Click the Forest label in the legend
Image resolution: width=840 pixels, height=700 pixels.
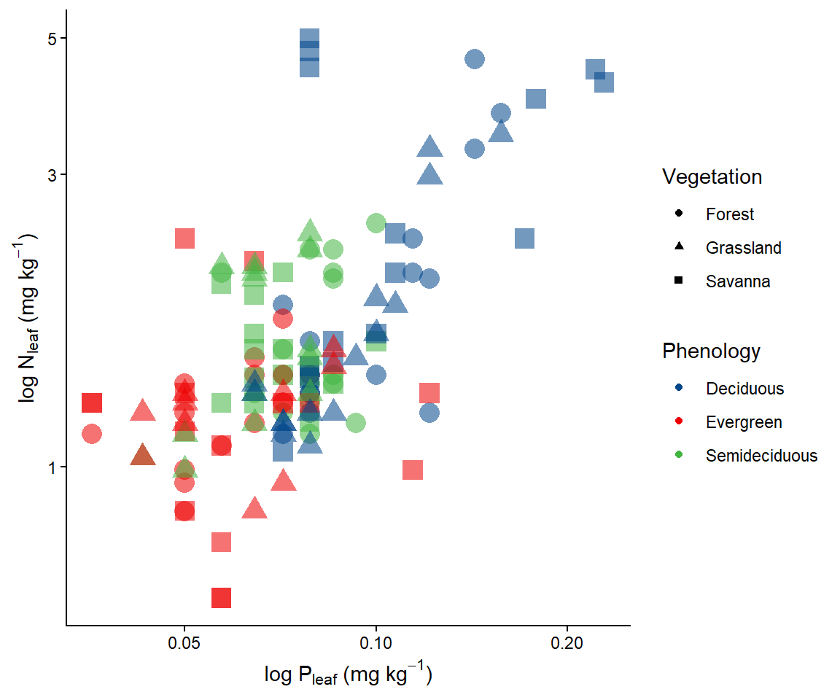[x=729, y=214]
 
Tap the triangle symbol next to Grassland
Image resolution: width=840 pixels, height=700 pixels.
[x=679, y=248]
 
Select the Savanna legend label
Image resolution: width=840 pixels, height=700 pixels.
[x=737, y=281]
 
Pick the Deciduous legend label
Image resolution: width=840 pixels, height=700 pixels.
[x=744, y=389]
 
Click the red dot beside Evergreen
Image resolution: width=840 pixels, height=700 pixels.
[x=679, y=422]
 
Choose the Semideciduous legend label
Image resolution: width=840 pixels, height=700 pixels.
[x=761, y=456]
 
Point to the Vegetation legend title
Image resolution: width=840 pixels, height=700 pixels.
[x=712, y=176]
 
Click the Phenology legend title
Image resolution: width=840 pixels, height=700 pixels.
[x=711, y=351]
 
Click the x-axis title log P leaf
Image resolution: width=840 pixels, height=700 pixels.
[x=349, y=676]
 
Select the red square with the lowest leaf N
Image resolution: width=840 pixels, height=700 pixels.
[x=222, y=597]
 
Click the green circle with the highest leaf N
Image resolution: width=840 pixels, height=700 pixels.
[x=376, y=223]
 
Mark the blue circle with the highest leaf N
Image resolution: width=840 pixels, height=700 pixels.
[x=475, y=59]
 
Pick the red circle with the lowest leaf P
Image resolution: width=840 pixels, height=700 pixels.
[x=92, y=434]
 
